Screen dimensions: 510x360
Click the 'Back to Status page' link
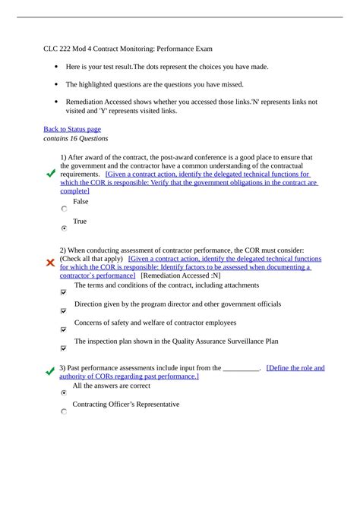(x=72, y=129)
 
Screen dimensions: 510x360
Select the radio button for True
(x=64, y=227)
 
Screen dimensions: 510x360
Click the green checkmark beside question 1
(x=50, y=174)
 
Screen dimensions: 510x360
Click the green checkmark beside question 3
(x=50, y=369)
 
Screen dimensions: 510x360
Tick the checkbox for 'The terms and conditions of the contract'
(x=64, y=291)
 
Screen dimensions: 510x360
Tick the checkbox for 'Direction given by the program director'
(x=64, y=310)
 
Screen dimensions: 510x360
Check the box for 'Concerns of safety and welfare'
(x=64, y=329)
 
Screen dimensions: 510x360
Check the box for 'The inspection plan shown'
(x=64, y=348)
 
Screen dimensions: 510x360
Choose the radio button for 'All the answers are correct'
(x=64, y=393)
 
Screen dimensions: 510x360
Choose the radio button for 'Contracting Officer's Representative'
(x=64, y=411)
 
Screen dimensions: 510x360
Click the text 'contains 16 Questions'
(x=76, y=139)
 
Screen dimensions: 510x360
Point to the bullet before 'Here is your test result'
(x=56, y=67)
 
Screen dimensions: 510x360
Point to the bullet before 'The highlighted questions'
(x=56, y=85)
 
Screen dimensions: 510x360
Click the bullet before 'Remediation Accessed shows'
(x=56, y=102)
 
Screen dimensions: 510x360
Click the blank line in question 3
(x=242, y=368)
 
